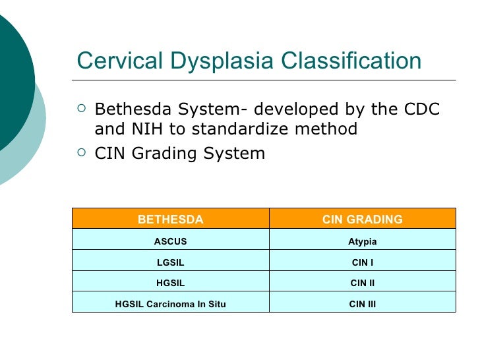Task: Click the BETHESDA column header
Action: tap(170, 219)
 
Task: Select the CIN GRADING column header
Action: tap(362, 219)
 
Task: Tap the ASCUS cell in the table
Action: tap(170, 241)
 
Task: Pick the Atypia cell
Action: tap(362, 241)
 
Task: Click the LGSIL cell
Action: tap(170, 262)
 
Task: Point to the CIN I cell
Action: tap(362, 262)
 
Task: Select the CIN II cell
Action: tap(362, 284)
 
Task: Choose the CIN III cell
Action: tap(362, 304)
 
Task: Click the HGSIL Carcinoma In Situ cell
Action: tap(170, 304)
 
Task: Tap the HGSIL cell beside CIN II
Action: tap(170, 284)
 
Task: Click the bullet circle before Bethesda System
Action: tap(80, 107)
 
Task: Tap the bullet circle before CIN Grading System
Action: tap(80, 153)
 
